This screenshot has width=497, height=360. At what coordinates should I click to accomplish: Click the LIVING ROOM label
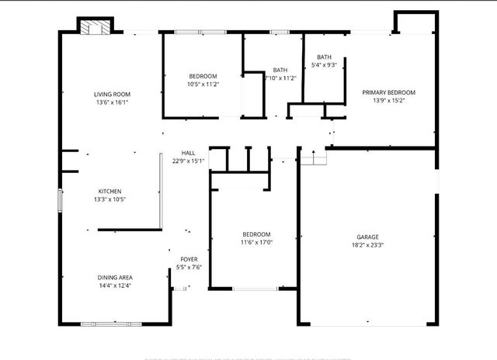coord(112,94)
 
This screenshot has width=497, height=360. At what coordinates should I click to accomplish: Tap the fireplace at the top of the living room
coord(96,27)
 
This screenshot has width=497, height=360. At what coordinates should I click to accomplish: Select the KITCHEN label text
coord(109,192)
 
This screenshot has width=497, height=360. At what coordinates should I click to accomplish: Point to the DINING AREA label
coord(114,278)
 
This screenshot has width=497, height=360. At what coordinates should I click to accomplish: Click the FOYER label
coord(189,259)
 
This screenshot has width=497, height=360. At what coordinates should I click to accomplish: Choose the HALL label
coord(188,153)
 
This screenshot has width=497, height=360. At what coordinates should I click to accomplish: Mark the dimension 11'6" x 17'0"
coord(256,242)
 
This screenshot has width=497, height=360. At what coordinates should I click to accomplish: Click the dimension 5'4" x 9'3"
coord(324,65)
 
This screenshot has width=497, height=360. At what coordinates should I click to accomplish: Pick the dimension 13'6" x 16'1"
coord(112,102)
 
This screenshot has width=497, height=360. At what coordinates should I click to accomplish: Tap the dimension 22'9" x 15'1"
coord(188,161)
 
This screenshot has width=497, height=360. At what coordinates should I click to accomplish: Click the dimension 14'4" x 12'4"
coord(114,286)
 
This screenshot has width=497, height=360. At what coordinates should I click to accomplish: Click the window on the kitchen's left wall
coord(60,199)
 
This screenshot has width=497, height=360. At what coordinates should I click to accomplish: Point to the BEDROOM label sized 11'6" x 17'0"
coord(256,234)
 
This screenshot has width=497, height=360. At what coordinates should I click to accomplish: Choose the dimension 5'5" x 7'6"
coord(189,267)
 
